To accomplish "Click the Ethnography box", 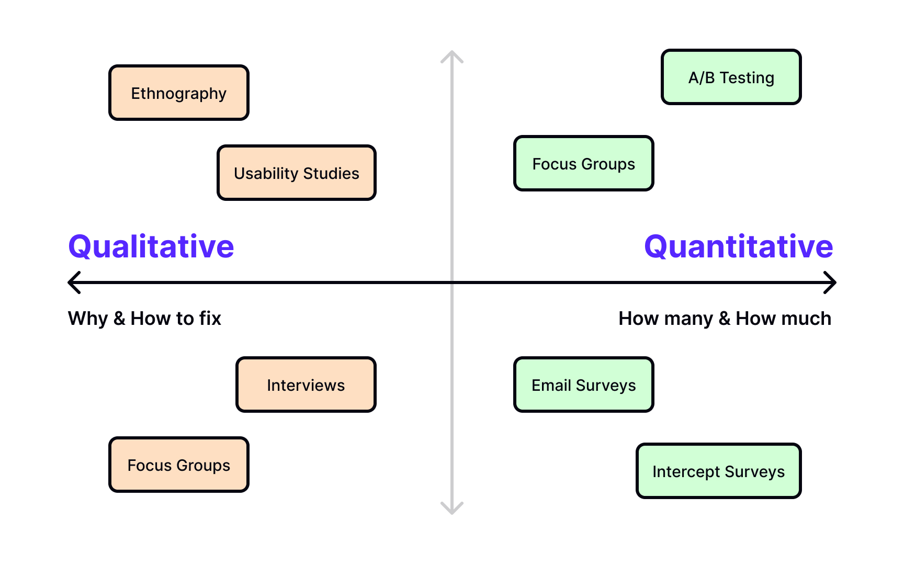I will [178, 93].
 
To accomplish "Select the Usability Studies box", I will [296, 173].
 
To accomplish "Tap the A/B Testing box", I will [731, 77].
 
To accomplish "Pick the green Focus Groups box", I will [583, 164].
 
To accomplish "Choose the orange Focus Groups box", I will [178, 465].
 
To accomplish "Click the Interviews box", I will [306, 385].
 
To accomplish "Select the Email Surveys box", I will [583, 385].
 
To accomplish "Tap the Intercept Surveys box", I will [718, 471].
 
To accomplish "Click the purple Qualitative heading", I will [151, 246].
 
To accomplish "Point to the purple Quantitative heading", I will [738, 246].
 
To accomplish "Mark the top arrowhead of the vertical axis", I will [452, 55].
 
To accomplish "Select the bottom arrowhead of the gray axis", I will [452, 510].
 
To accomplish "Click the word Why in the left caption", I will [87, 319].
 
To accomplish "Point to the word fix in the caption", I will [210, 318].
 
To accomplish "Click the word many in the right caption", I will [688, 319].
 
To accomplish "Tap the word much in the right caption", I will [808, 318].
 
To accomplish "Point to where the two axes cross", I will [452, 282].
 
